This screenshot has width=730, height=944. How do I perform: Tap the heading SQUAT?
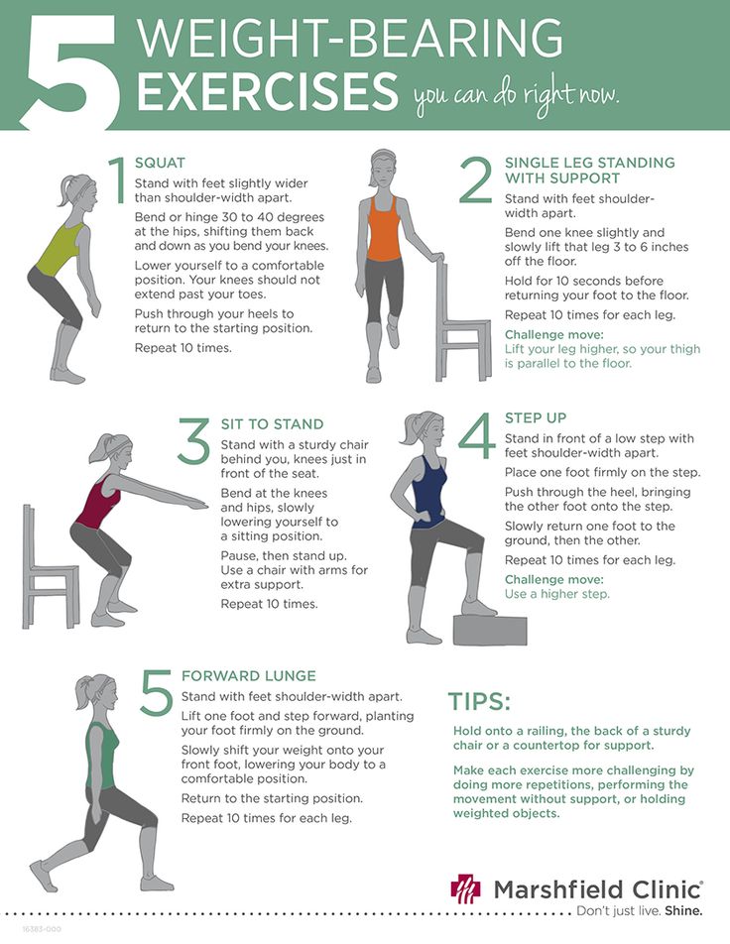[160, 163]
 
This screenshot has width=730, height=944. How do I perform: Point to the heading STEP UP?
[536, 417]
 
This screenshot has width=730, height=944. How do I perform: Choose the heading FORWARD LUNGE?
[249, 675]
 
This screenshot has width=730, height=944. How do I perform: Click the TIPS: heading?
[479, 702]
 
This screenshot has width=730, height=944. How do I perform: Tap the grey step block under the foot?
[490, 628]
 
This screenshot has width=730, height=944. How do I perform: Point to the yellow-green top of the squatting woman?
[59, 250]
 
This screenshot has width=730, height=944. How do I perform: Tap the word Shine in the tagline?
[683, 910]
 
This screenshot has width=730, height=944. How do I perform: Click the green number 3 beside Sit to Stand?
[193, 442]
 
